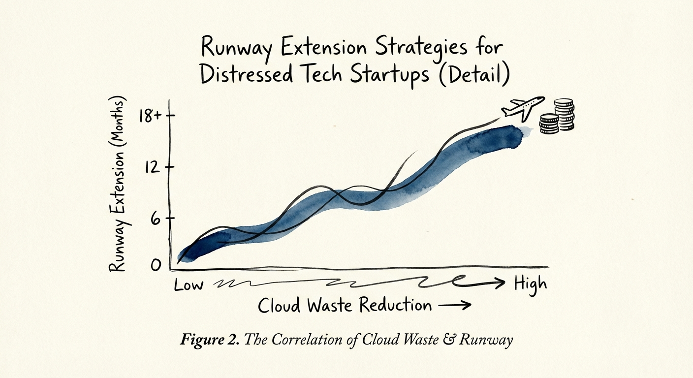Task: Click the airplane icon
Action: coord(522,108)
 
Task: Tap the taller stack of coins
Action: coord(564,114)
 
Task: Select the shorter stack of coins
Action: coord(549,124)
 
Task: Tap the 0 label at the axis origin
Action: coord(156,265)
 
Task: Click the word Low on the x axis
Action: coord(189,285)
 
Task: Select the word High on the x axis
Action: coord(530,284)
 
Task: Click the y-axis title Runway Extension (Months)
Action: coord(118,184)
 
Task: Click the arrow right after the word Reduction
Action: coord(454,306)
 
